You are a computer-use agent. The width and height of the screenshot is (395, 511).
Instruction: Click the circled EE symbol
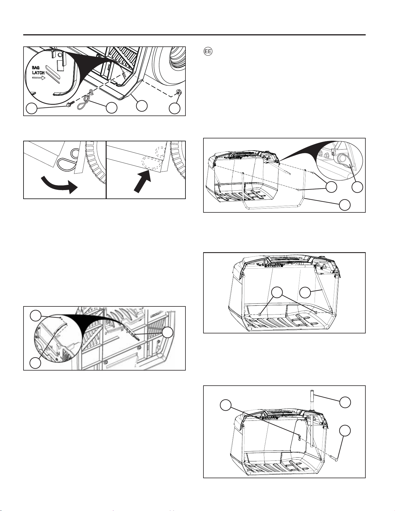click(x=208, y=52)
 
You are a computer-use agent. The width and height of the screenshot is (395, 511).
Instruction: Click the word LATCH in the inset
click(x=38, y=73)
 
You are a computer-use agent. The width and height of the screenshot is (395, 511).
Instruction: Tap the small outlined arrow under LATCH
click(x=39, y=78)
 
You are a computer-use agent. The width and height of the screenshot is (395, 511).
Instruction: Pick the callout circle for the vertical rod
click(x=345, y=402)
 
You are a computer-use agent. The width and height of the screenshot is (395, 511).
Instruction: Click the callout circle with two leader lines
click(x=277, y=292)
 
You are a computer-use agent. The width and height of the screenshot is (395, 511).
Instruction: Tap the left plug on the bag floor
click(x=260, y=314)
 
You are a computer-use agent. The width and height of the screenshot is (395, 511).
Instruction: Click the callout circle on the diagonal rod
click(x=305, y=292)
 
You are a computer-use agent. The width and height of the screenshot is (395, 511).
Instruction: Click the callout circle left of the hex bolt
click(x=32, y=109)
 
